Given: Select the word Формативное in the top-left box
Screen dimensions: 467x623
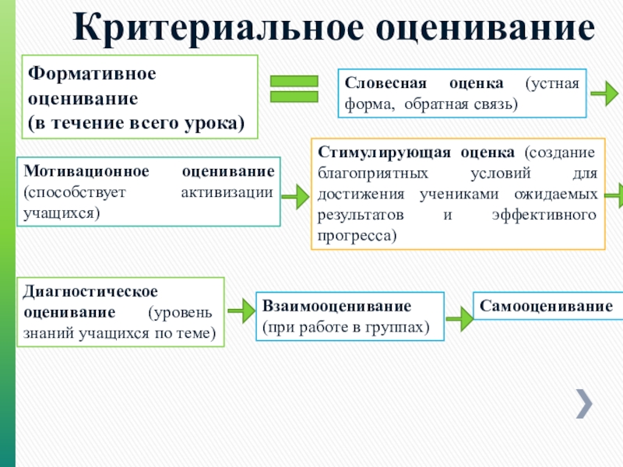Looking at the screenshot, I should (93, 72).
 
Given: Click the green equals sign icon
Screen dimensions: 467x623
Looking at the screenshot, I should (294, 88).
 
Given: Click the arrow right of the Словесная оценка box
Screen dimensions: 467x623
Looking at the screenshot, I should (604, 94).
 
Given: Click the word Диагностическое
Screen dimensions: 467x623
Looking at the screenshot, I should (90, 291).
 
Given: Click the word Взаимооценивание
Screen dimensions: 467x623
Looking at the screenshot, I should (336, 307).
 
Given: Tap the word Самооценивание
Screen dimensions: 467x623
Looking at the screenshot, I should (546, 307).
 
